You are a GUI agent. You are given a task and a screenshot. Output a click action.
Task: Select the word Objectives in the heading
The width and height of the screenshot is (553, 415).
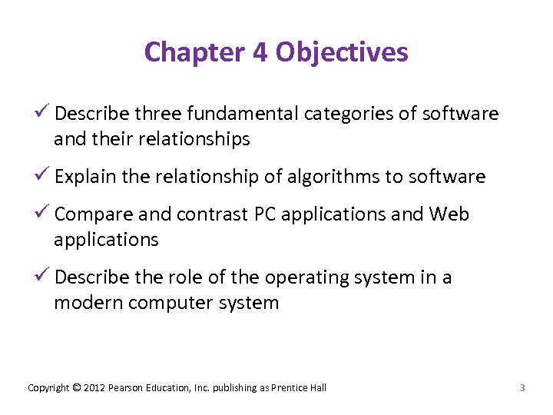click(342, 52)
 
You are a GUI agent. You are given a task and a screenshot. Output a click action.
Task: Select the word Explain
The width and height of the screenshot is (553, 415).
click(85, 177)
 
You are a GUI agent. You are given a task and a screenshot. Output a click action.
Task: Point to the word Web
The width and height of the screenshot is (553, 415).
click(449, 214)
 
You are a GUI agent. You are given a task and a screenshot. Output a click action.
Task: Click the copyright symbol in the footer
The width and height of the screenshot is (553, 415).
click(76, 387)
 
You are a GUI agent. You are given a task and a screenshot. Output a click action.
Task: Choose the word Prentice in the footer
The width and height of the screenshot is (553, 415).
click(290, 387)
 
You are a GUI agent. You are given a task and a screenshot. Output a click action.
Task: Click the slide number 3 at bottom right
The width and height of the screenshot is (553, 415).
click(522, 387)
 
